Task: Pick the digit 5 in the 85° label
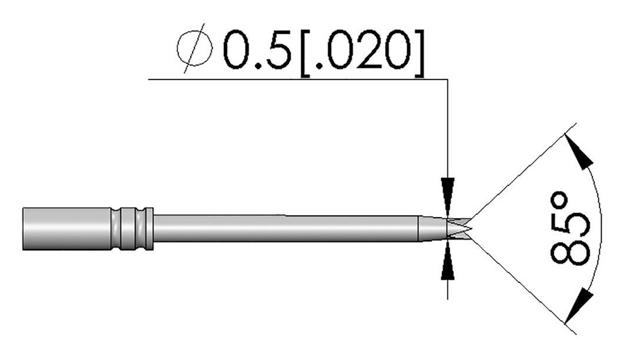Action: pos(569,223)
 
